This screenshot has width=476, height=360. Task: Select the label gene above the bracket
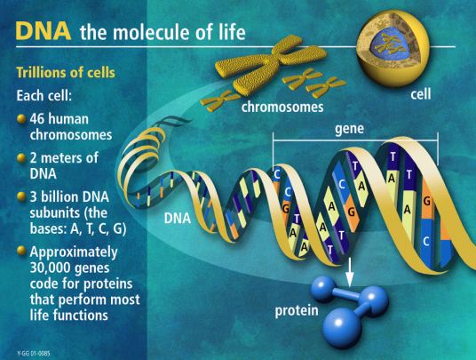tap(351, 128)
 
